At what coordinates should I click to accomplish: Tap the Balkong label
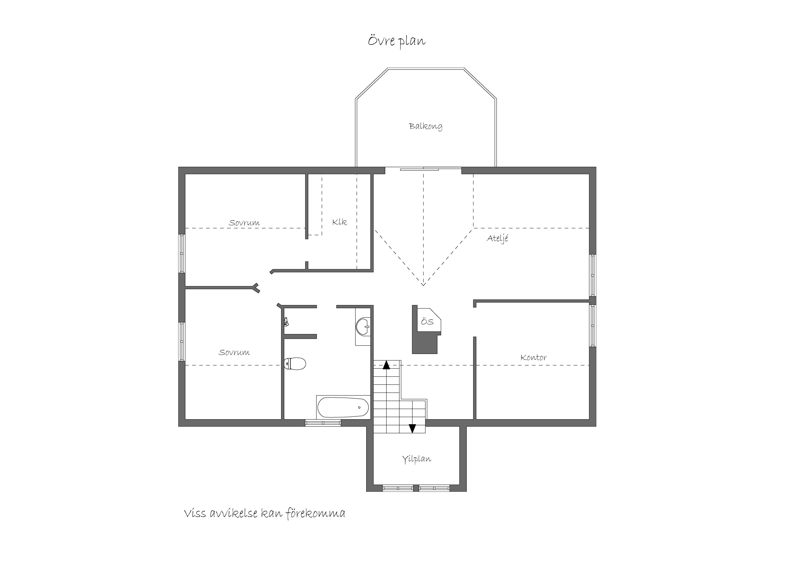(x=426, y=126)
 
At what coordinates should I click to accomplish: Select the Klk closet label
(x=340, y=222)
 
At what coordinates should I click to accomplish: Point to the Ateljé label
(x=498, y=239)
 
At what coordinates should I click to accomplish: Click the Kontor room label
(x=534, y=357)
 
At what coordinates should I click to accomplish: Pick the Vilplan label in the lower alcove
(x=417, y=459)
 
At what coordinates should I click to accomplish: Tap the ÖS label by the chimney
(x=427, y=322)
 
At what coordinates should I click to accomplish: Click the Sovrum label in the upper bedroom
(x=244, y=223)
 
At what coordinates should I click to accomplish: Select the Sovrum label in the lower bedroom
(x=234, y=353)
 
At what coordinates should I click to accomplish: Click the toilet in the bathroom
(x=295, y=364)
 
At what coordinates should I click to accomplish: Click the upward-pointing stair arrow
(x=386, y=365)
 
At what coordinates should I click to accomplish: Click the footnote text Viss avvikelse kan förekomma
(x=265, y=514)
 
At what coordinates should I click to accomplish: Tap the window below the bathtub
(x=323, y=423)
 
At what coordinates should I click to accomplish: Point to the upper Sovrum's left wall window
(x=182, y=254)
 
